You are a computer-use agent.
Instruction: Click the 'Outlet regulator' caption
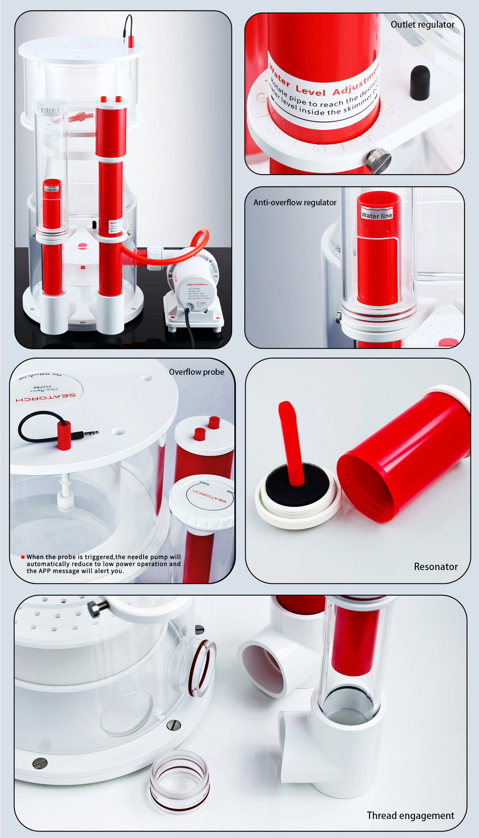click(x=422, y=25)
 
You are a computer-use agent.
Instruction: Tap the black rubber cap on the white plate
click(x=420, y=82)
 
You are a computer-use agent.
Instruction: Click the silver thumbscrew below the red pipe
click(x=377, y=160)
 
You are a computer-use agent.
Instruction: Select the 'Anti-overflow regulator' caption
click(x=295, y=203)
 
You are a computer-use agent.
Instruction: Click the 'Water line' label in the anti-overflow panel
click(x=377, y=215)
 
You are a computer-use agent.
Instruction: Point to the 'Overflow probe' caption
click(x=196, y=372)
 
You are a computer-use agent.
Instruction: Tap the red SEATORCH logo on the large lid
click(x=45, y=397)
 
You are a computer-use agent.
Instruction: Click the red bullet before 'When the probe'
click(x=22, y=557)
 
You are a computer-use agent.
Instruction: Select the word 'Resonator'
click(x=435, y=567)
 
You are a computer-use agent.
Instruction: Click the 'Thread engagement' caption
click(x=410, y=816)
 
